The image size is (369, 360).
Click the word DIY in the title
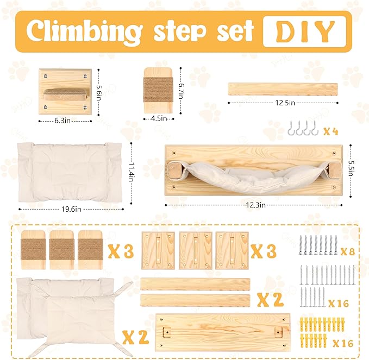(305, 32)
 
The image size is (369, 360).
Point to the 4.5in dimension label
(157, 118)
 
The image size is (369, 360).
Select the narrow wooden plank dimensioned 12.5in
(282, 88)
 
